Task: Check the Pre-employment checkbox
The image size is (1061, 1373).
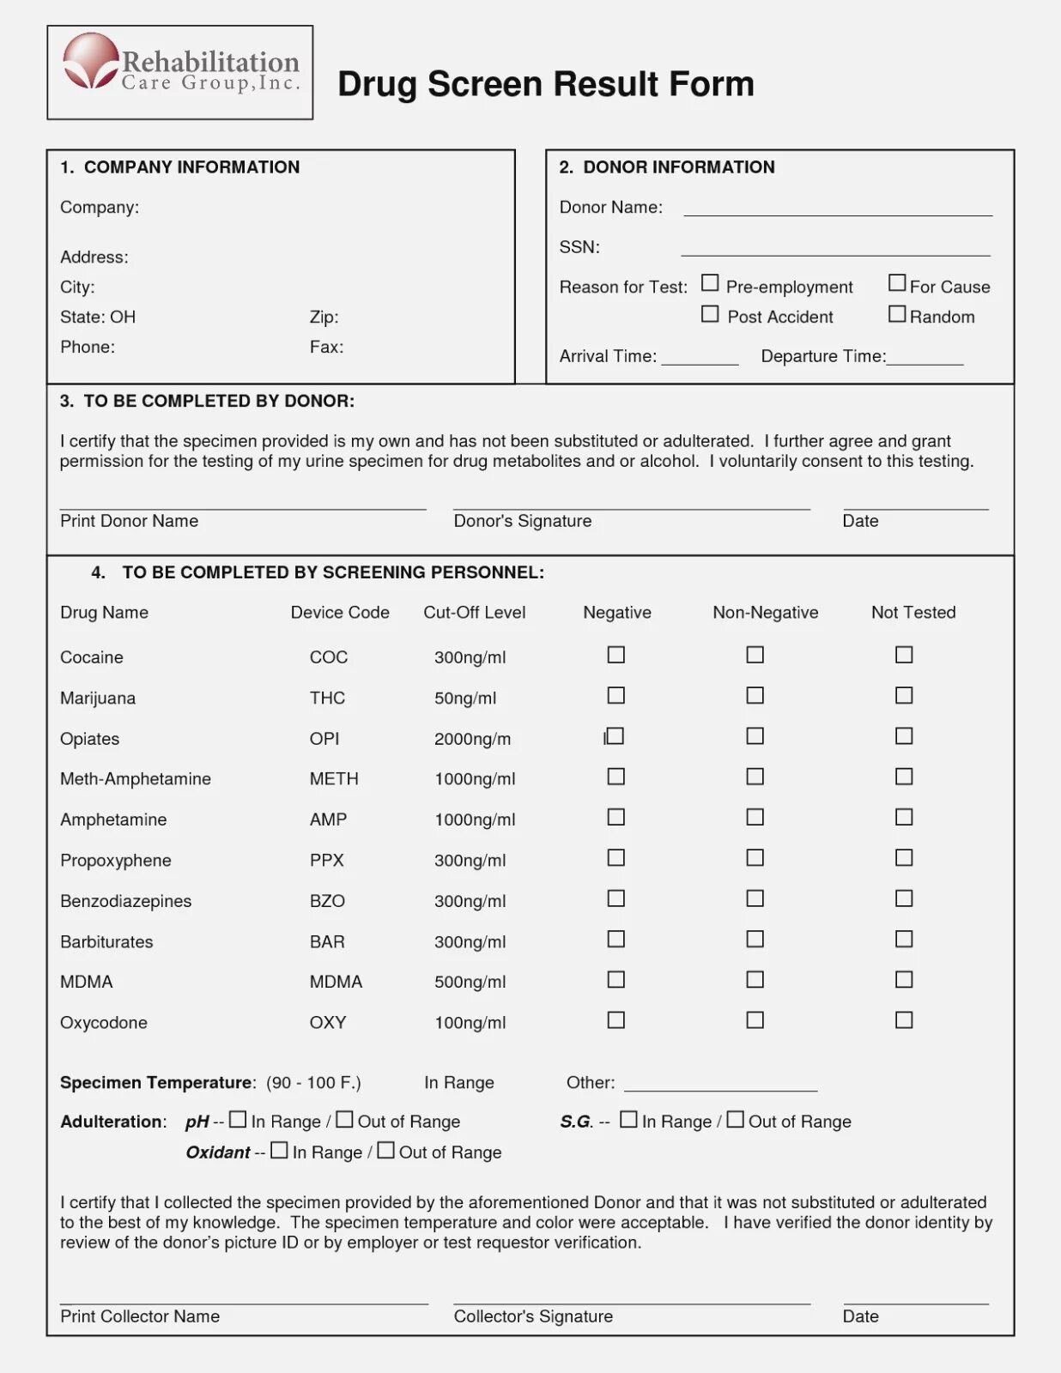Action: point(710,283)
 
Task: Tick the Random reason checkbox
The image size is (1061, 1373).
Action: point(897,314)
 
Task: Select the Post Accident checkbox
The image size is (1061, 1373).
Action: point(710,314)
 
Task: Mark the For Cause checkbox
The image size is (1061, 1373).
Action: point(897,283)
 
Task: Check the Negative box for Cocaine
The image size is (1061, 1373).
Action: point(616,655)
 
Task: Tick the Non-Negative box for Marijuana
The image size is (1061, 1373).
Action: point(755,695)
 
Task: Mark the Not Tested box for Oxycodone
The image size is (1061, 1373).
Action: point(904,1020)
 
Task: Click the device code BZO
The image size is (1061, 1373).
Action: point(327,901)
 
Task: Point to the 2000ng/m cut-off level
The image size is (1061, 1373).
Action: point(472,739)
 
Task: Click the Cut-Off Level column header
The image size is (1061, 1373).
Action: point(474,613)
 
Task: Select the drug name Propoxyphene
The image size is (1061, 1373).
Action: point(116,861)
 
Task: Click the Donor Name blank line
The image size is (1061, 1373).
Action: point(837,209)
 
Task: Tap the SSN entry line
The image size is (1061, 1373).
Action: point(835,249)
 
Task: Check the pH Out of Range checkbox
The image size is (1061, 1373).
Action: point(344,1120)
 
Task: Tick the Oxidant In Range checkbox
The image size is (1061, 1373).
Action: point(279,1151)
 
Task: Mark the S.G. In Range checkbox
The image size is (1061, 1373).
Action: point(628,1120)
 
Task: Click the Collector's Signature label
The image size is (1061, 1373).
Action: point(533,1316)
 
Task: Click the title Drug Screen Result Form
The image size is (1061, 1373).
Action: point(546,84)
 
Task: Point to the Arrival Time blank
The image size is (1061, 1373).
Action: point(700,358)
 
